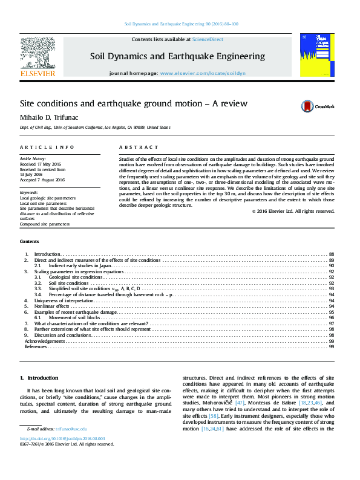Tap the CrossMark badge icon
coord(308,106)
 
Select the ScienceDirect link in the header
coord(208,39)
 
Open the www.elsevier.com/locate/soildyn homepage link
coord(204,73)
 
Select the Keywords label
coord(29,192)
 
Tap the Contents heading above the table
coord(29,241)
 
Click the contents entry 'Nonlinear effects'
coord(52,306)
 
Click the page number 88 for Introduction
coord(332,254)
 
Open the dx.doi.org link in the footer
coord(62,439)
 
